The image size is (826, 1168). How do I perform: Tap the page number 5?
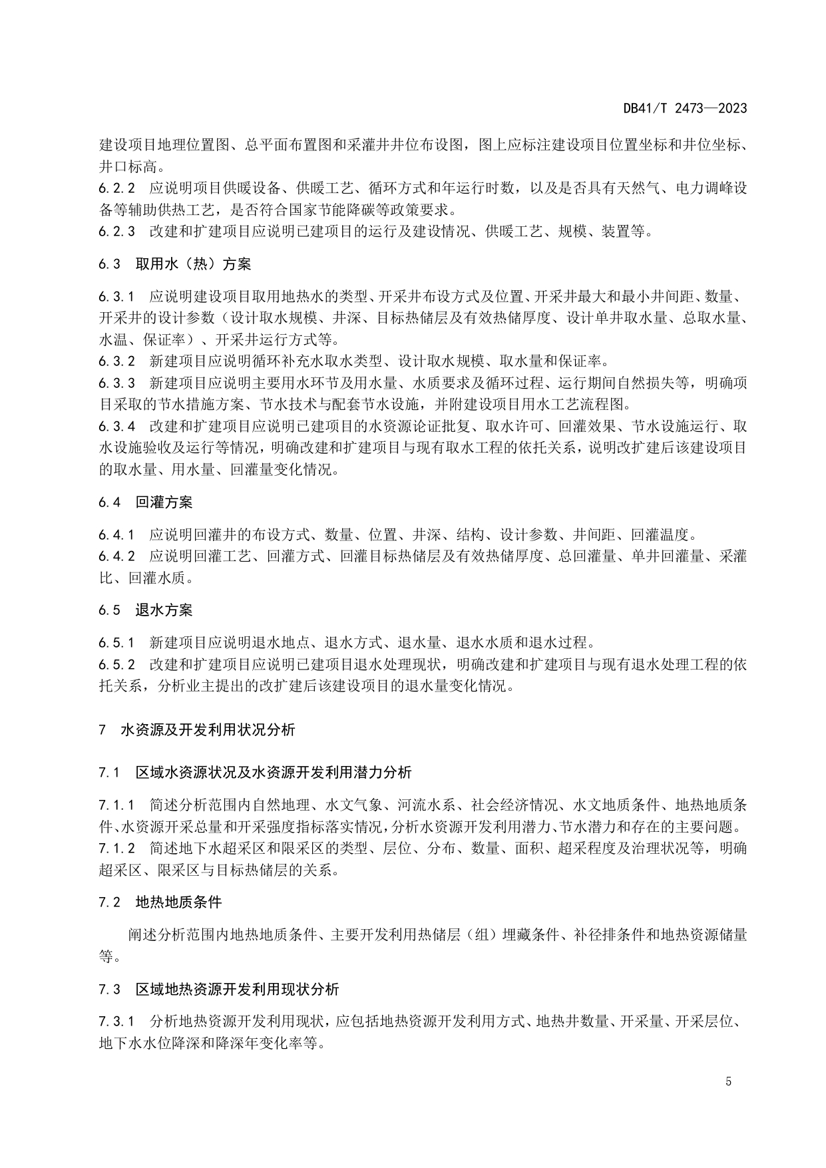[728, 1081]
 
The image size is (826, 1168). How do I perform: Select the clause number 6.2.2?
[116, 188]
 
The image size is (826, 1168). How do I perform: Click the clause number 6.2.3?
[116, 232]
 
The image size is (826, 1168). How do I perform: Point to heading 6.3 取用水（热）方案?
[175, 264]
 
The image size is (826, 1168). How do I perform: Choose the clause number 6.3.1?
[116, 296]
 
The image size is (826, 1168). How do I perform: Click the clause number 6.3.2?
[116, 361]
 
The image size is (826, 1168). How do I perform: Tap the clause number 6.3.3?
[116, 383]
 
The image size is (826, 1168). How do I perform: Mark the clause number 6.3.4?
[116, 426]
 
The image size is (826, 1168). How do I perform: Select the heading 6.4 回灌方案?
[146, 502]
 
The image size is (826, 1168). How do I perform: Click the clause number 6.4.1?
[116, 534]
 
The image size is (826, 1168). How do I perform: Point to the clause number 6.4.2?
[116, 556]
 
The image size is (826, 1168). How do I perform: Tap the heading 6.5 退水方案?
[146, 610]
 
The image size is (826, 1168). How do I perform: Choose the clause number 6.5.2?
[116, 664]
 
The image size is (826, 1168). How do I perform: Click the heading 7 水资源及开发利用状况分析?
[197, 729]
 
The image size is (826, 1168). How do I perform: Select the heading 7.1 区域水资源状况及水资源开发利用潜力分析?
[255, 773]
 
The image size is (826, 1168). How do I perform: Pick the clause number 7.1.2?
[116, 848]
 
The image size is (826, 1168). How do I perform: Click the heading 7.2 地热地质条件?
[160, 902]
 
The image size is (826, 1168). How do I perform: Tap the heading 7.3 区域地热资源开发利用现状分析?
[219, 989]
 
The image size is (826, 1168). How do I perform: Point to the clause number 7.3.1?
[116, 1022]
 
